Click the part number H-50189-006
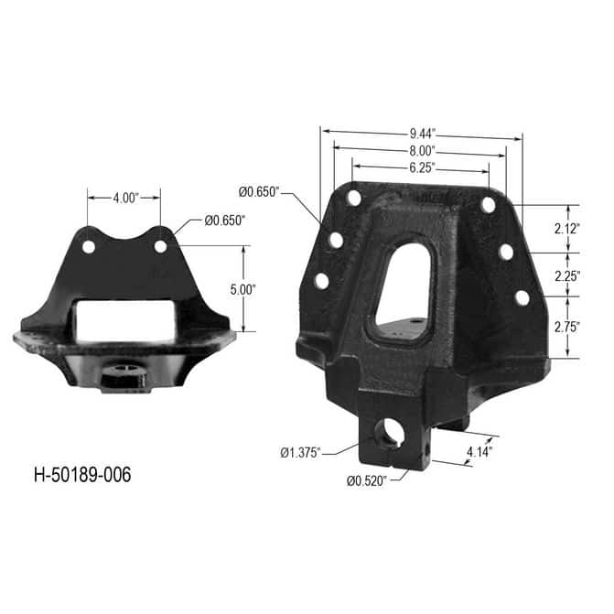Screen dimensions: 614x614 82,475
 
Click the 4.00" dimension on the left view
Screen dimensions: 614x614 126,199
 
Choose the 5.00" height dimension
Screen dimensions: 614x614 243,290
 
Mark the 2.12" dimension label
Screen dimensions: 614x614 567,229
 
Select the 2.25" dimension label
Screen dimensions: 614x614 567,276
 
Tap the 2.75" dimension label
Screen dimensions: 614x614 567,327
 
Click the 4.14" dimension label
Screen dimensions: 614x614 479,452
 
